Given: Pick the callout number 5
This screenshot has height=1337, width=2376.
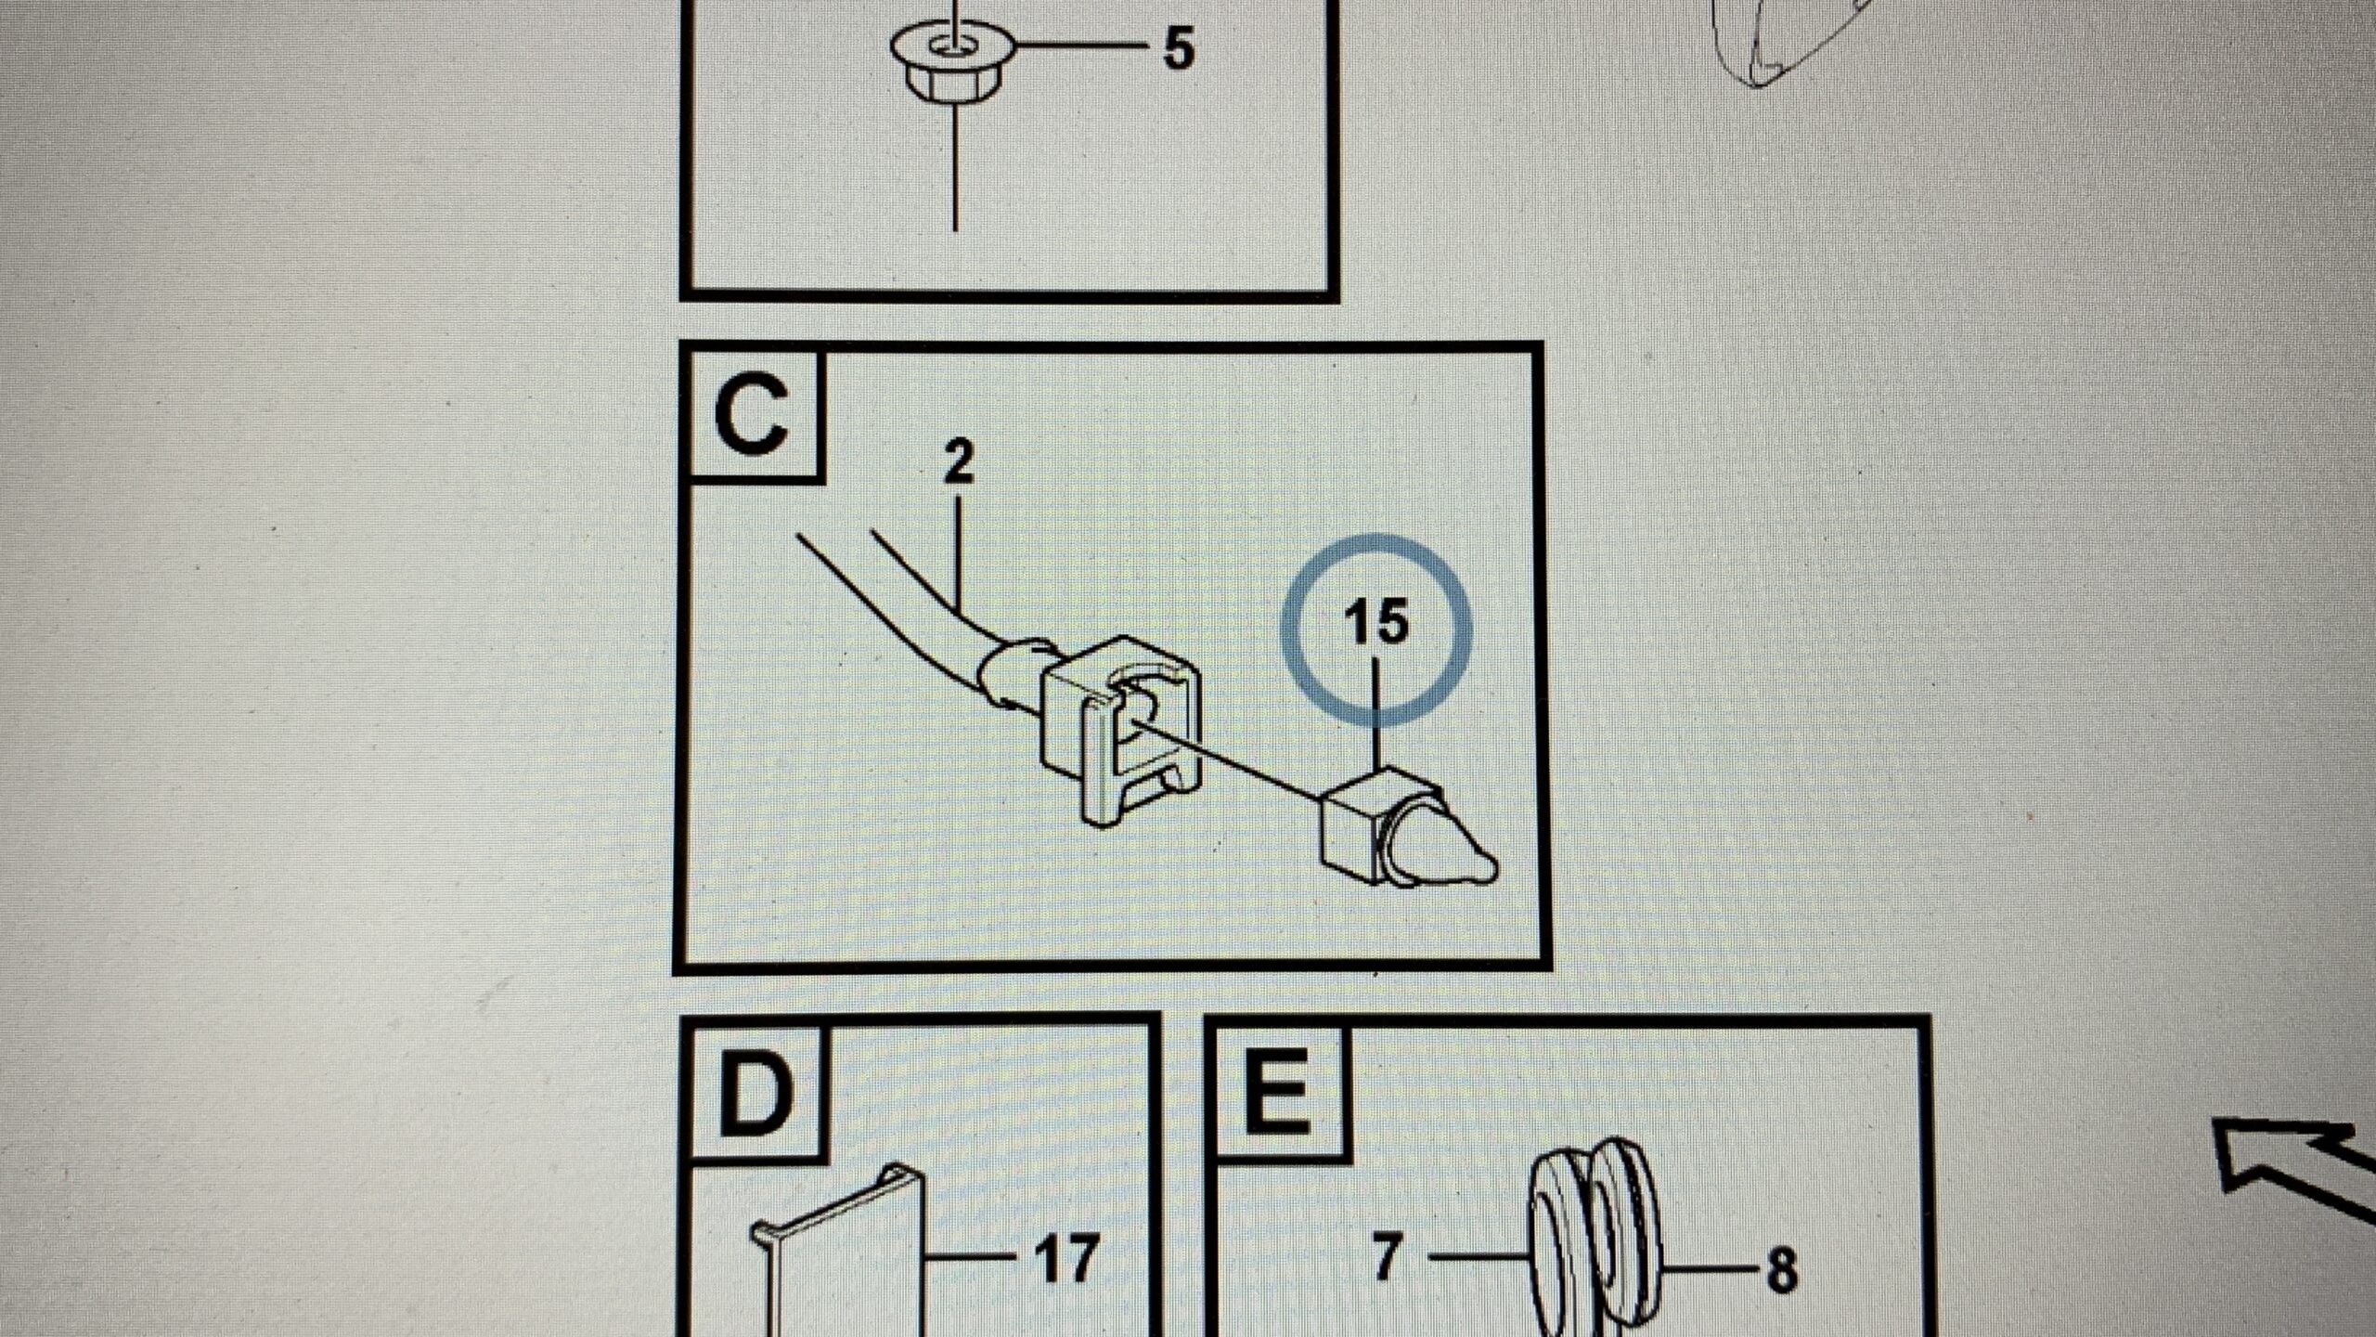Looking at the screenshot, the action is (1178, 49).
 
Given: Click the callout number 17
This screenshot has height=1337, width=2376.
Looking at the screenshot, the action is (1067, 1259).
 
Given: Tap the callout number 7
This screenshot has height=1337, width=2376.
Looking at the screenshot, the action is (1386, 1259).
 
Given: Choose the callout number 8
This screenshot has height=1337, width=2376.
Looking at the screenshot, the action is (1781, 1270).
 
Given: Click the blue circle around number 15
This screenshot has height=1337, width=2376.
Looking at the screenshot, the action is (1285, 630).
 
